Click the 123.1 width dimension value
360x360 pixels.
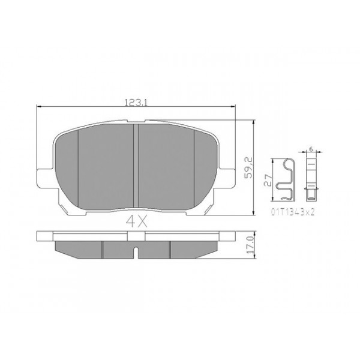click(x=136, y=103)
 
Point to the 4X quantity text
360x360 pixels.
click(x=136, y=220)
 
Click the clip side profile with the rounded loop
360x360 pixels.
click(x=286, y=179)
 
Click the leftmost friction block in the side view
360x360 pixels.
click(x=78, y=247)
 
